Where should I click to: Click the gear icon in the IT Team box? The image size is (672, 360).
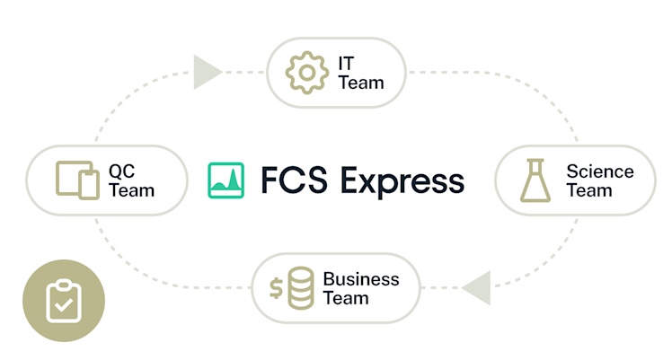point(305,72)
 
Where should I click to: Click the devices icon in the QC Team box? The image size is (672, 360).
point(77,180)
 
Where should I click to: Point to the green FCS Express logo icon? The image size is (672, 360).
point(226,180)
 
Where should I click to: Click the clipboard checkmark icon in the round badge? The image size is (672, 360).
point(63,301)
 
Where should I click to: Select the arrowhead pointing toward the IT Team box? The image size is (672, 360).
point(207,72)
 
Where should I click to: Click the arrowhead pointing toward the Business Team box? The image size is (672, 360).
point(476,288)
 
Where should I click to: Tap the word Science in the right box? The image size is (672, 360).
point(599,171)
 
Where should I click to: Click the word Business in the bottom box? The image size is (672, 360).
point(360,278)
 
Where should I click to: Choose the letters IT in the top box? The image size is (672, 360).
point(346,63)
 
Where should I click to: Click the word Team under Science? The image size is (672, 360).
point(589,190)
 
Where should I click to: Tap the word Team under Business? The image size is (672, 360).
point(346,298)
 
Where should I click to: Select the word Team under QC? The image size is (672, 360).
point(131,190)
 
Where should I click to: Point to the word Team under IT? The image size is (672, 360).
point(361,83)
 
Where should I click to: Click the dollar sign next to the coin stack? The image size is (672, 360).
point(278,288)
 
